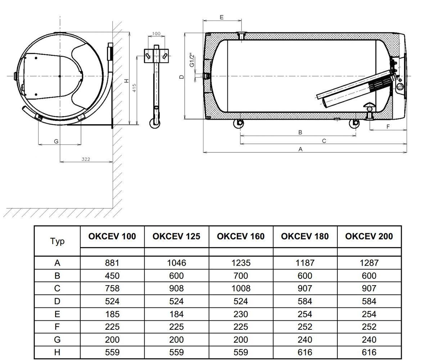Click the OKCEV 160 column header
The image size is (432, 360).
[x=240, y=237]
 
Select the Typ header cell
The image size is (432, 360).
[x=57, y=241]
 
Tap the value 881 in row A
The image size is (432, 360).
[x=112, y=263]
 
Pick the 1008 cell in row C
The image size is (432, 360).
[x=241, y=288]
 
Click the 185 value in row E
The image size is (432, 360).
[x=112, y=314]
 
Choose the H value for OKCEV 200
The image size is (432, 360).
[x=369, y=352]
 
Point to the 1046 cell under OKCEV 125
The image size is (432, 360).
[x=176, y=263]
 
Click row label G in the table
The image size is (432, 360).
[x=57, y=339]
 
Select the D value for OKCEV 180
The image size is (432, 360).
[x=305, y=301]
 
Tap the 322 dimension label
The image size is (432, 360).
[x=86, y=159]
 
